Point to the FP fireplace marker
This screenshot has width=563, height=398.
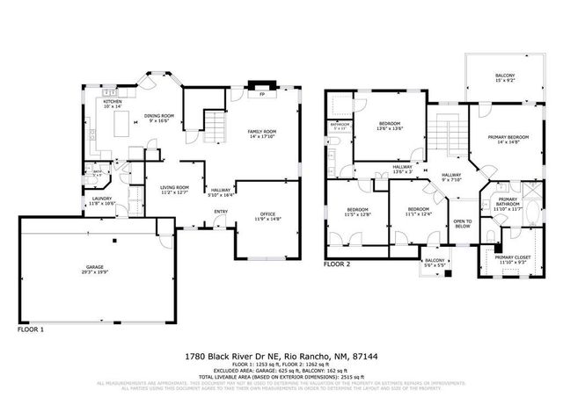point(261,92)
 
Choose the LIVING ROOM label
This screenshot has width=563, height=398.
point(174,189)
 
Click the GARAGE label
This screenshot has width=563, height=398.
point(95,268)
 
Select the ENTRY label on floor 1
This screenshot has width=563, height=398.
point(220,212)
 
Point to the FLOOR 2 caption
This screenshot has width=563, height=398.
point(336,264)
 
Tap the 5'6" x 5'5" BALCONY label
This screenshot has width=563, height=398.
point(435,262)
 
